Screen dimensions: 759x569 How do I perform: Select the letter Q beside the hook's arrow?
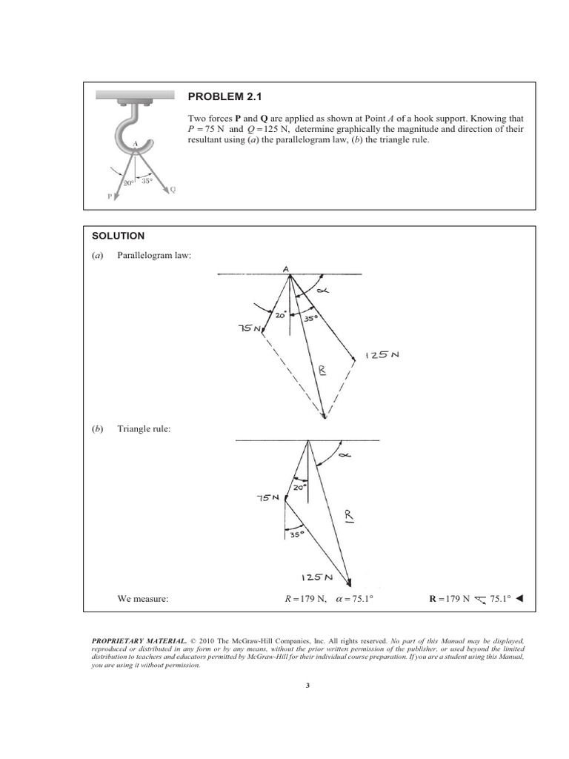click(173, 189)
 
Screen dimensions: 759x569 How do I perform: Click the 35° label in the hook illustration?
click(147, 180)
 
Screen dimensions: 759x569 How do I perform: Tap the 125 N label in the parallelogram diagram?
click(382, 355)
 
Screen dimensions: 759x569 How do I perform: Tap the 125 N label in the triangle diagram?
click(316, 577)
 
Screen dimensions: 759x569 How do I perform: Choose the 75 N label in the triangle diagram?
click(265, 498)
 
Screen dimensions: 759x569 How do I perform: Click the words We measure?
click(143, 597)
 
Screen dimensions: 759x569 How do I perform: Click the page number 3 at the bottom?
click(307, 686)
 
